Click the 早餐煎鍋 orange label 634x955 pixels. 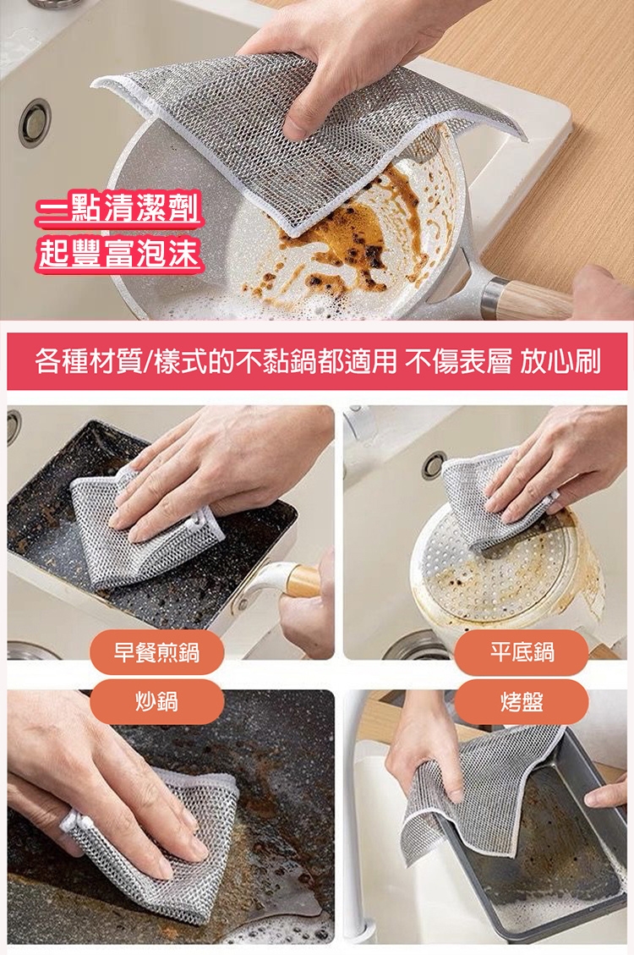coord(157,652)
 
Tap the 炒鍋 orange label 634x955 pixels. coord(157,701)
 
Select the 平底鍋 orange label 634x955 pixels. coord(522,652)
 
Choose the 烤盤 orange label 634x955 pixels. coord(522,701)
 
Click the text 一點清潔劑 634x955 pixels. coord(118,210)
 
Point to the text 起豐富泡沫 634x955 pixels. coord(118,253)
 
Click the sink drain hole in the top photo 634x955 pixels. coord(34,122)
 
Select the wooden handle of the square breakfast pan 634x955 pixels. coord(303,580)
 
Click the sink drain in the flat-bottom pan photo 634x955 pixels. coord(433,464)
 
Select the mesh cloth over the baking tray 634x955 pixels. coord(481,792)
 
